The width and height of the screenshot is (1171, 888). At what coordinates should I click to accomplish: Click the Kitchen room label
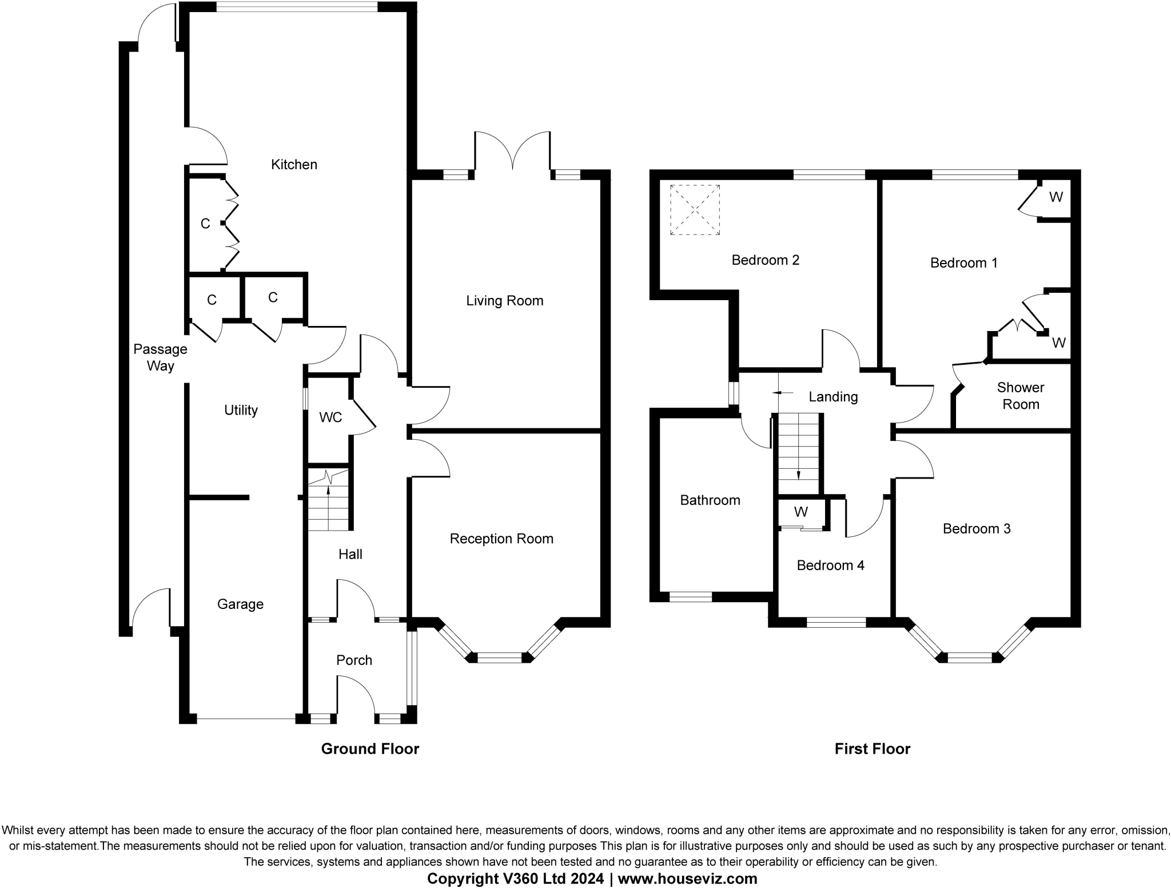click(294, 165)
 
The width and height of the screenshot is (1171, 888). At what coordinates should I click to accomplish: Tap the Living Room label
click(504, 301)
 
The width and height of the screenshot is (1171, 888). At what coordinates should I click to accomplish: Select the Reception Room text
click(501, 539)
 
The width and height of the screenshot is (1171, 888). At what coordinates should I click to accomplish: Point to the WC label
click(330, 417)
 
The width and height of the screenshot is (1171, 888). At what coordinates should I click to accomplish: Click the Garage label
click(240, 604)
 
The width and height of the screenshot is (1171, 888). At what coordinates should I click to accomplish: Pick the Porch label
click(354, 660)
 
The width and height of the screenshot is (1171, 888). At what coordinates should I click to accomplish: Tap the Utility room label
click(241, 410)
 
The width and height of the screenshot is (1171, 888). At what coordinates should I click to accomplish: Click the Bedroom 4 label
click(830, 566)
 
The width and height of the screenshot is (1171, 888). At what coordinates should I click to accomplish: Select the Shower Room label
click(1021, 396)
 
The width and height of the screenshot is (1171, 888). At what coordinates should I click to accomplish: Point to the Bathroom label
click(710, 500)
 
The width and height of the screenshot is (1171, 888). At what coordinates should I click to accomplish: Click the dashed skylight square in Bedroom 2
click(695, 209)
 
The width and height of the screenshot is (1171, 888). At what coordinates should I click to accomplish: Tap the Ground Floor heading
click(370, 749)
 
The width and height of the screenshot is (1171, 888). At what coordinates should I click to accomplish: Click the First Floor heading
click(872, 749)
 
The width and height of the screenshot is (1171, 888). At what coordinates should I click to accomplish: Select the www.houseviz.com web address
click(687, 878)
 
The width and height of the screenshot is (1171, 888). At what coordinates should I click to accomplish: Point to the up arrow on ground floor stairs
click(328, 489)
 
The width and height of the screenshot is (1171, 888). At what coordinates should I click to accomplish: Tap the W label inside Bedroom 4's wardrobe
click(801, 512)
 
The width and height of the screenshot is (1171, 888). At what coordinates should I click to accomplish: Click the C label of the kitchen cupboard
click(205, 224)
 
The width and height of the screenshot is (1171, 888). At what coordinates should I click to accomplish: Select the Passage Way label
click(160, 357)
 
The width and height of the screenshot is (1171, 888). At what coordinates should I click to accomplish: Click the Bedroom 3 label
click(977, 529)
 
